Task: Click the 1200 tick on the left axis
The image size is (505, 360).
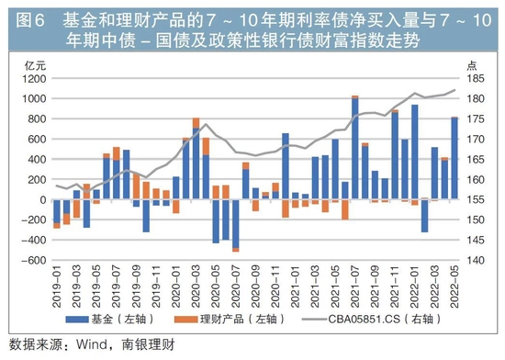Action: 34,79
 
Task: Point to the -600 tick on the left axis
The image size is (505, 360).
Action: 34,260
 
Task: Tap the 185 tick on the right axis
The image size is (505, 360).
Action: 476,79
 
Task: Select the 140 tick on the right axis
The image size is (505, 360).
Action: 476,260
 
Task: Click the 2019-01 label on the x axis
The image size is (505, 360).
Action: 57,287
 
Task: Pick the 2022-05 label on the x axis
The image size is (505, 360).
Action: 454,287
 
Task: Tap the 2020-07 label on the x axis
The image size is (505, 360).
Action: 236,287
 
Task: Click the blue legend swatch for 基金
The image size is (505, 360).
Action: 77,320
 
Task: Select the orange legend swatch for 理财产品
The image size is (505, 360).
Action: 185,320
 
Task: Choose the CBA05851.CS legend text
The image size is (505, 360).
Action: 364,319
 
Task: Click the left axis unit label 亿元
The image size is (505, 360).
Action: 35,66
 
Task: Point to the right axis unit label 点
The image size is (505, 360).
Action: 472,66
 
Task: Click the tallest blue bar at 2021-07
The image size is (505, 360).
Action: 355,149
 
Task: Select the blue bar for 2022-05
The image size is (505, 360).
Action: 454,159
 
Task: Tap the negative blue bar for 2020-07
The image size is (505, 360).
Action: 236,224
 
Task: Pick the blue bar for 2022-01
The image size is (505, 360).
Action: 415,152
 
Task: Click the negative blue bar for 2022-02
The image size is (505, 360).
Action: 424,216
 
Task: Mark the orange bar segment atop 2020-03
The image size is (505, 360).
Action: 196,123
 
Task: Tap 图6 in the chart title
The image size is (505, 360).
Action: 30,20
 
